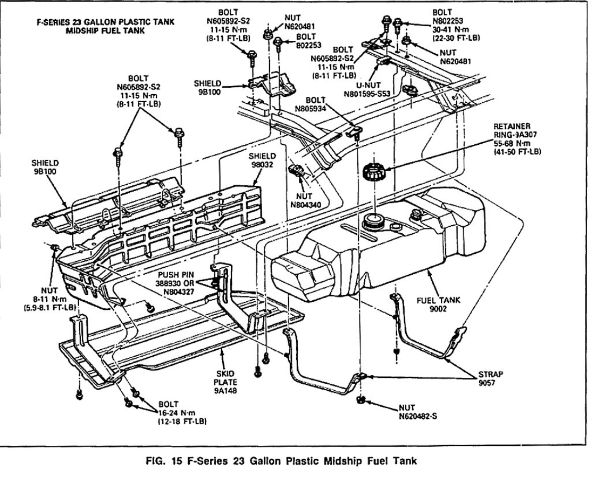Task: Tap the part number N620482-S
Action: pyautogui.click(x=419, y=416)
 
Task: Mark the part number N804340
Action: pyautogui.click(x=304, y=204)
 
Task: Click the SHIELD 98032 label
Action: pyautogui.click(x=263, y=160)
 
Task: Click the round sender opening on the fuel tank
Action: pyautogui.click(x=373, y=219)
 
